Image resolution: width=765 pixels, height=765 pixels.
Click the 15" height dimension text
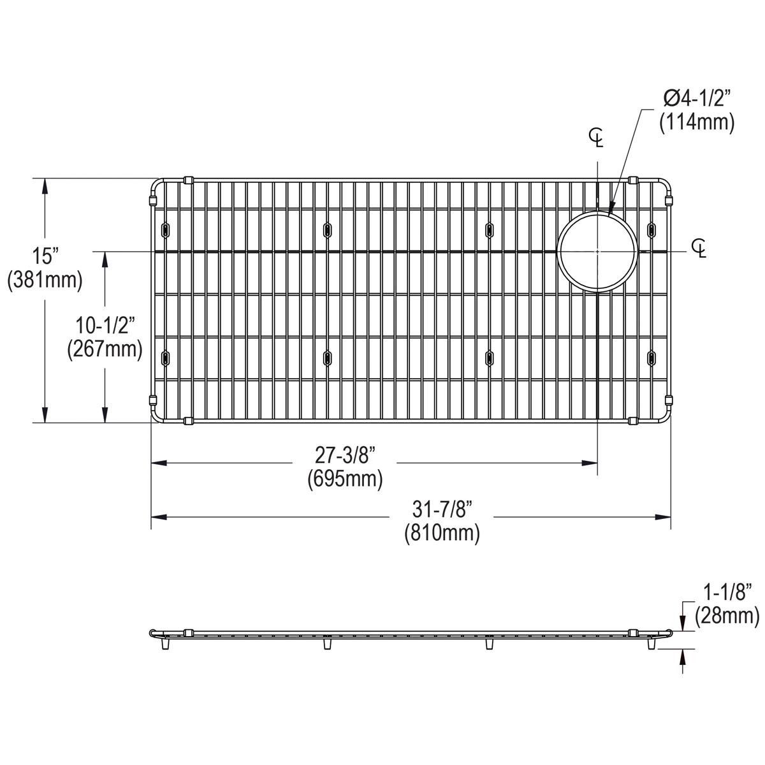pos(45,257)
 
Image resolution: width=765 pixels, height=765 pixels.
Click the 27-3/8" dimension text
pos(345,455)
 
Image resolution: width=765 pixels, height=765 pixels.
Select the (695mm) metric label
pos(345,478)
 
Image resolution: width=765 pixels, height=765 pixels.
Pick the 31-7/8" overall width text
pos(442,509)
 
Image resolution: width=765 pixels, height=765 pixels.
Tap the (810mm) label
pos(442,532)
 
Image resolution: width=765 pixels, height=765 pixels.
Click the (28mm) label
pos(727,615)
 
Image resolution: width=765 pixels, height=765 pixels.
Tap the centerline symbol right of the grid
pos(700,247)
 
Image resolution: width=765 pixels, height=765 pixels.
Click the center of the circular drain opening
pos(597,251)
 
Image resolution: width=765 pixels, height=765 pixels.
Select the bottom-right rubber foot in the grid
pos(652,358)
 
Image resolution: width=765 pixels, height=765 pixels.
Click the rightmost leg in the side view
pos(652,645)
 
